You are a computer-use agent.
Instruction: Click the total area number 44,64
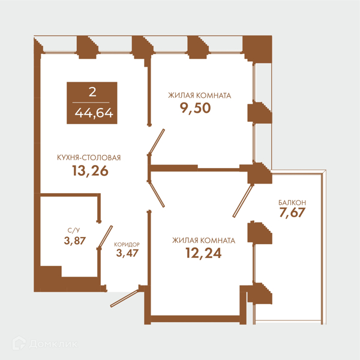(94, 113)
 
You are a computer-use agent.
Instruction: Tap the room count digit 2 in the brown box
(92, 92)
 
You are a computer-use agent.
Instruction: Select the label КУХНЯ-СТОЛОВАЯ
(89, 158)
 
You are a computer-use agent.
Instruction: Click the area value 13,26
(90, 171)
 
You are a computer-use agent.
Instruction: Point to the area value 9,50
(195, 108)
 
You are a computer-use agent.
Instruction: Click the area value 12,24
(203, 253)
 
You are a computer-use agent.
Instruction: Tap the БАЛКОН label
(292, 203)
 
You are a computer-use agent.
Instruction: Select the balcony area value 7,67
(292, 212)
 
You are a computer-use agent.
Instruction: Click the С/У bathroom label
(74, 230)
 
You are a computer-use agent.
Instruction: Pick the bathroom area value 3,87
(75, 241)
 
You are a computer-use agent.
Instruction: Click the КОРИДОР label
(127, 244)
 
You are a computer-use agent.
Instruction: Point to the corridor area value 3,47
(127, 253)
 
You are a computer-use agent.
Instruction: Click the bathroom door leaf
(106, 237)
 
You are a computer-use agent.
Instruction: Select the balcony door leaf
(242, 201)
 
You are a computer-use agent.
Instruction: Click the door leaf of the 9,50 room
(157, 142)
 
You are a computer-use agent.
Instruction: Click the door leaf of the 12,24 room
(157, 194)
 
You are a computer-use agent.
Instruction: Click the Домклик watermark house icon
(19, 343)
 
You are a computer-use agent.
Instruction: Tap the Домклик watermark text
(53, 344)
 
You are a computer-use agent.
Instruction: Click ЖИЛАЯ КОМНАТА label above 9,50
(200, 95)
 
